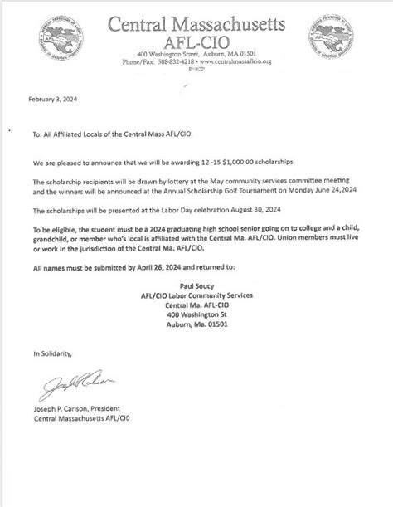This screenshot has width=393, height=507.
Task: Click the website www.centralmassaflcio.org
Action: (240, 61)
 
